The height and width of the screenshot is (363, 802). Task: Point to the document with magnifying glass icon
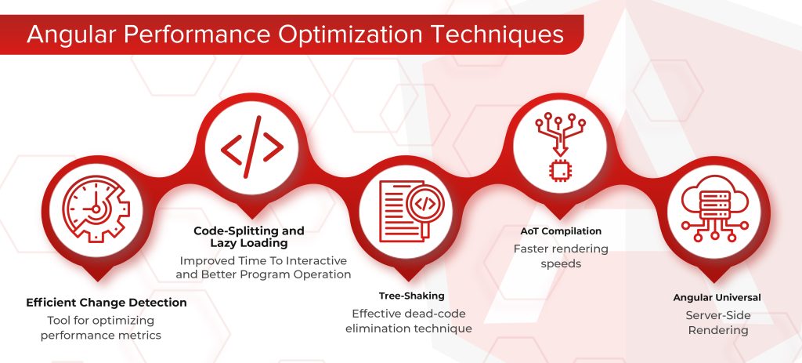[x=410, y=209]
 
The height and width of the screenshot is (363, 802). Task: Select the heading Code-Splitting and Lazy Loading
[x=249, y=238]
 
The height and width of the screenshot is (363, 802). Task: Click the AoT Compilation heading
[x=562, y=231]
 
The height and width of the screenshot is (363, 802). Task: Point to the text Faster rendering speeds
[x=561, y=256]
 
